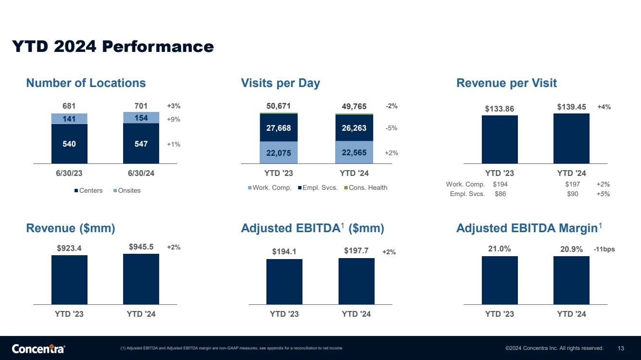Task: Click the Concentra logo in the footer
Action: tap(38, 348)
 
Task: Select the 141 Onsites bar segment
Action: tap(69, 119)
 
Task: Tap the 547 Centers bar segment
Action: tap(141, 144)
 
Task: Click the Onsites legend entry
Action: tap(127, 190)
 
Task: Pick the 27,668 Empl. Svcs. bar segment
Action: tap(278, 128)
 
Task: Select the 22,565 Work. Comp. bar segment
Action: tap(354, 152)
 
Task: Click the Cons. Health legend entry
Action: tap(365, 187)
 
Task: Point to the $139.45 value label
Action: tap(571, 107)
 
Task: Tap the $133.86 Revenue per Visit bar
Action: tap(500, 139)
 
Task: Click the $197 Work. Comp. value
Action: tap(572, 185)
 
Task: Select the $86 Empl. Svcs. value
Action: tap(500, 194)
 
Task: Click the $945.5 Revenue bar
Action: tap(141, 279)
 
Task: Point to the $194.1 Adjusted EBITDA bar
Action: tap(284, 282)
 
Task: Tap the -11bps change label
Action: tap(604, 249)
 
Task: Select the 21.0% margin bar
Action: tap(500, 280)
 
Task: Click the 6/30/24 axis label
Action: tap(141, 174)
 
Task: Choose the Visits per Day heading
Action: tap(280, 83)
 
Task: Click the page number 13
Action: tap(621, 348)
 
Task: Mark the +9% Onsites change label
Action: tap(174, 120)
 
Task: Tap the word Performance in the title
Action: tap(158, 47)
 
